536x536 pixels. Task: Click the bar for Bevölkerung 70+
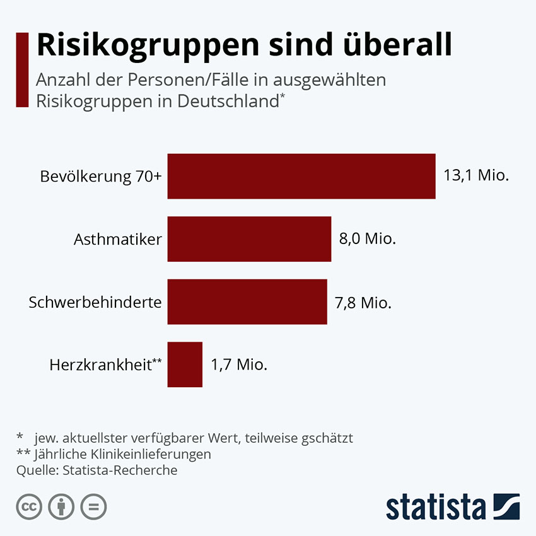[301, 176]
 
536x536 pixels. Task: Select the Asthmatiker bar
[249, 239]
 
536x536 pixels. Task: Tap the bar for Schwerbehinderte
[247, 302]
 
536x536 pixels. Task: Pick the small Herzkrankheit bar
[185, 364]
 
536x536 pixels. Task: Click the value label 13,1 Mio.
[476, 176]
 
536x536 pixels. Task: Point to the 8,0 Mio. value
[368, 239]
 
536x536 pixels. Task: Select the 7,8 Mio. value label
[363, 302]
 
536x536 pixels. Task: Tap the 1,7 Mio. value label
[239, 364]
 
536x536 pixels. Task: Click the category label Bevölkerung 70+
[101, 177]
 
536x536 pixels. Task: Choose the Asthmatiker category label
[118, 239]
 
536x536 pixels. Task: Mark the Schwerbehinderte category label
[95, 302]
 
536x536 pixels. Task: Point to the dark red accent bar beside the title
[22, 69]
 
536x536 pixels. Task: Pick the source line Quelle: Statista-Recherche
[97, 470]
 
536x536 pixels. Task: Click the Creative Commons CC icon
[30, 506]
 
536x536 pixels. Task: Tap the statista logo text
[435, 507]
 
